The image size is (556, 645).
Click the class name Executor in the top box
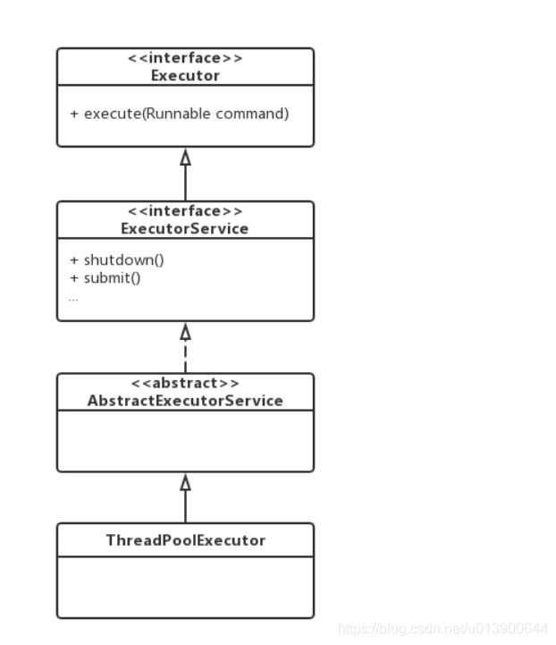[185, 74]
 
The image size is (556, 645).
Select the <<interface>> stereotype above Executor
[185, 59]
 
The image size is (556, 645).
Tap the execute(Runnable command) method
[179, 115]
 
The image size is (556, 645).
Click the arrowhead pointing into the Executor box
[185, 157]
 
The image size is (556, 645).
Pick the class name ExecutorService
[185, 228]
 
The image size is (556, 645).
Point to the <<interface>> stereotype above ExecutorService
[185, 212]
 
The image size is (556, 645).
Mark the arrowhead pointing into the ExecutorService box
[185, 331]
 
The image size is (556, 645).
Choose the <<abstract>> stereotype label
[185, 384]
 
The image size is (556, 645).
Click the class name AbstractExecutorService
[185, 400]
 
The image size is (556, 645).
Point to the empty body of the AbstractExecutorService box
[185, 441]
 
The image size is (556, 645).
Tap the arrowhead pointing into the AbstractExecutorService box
[185, 482]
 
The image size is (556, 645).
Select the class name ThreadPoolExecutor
[185, 540]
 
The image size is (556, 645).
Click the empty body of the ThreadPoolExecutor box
[185, 587]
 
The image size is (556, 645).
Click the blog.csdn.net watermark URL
[443, 630]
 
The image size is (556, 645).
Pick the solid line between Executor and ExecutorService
[185, 183]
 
